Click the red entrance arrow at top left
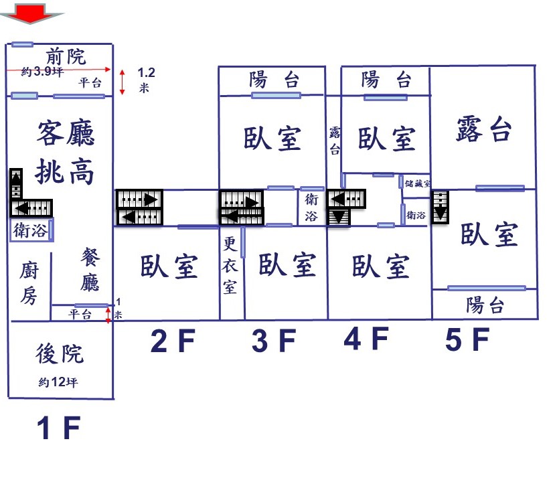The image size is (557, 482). (32, 13)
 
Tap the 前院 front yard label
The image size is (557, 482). (66, 57)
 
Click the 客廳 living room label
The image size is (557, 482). (66, 133)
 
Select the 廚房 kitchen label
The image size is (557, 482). (29, 283)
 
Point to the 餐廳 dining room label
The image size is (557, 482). (90, 270)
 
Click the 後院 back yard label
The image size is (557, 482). (60, 353)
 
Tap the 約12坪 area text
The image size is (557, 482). (58, 382)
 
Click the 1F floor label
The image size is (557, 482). (59, 428)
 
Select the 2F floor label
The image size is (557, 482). (173, 341)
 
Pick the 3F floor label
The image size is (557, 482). (274, 341)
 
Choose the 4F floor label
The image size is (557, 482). (366, 339)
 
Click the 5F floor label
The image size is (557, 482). (467, 339)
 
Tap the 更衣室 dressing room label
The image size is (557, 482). (230, 265)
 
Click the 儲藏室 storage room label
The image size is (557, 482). (417, 183)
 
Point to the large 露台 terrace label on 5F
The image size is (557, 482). (484, 129)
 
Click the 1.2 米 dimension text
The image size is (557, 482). (146, 80)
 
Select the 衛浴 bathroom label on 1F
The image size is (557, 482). (31, 230)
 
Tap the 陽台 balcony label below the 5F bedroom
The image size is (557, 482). (485, 305)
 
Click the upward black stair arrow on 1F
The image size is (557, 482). (16, 183)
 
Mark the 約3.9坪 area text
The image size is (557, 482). (42, 72)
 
